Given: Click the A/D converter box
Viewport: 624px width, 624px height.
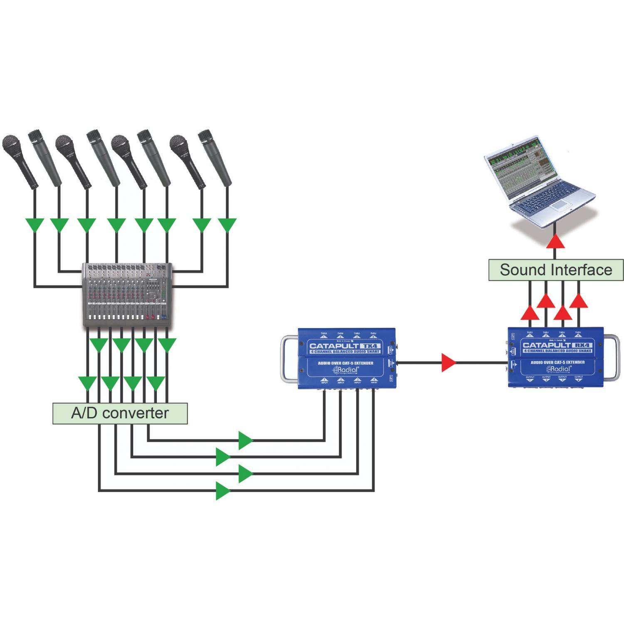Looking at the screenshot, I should click(120, 413).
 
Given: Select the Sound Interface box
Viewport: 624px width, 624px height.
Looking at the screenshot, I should click(556, 270).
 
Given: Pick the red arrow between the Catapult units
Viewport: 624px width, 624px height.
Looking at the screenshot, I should click(448, 363).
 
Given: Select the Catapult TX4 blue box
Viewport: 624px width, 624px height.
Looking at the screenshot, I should click(347, 358).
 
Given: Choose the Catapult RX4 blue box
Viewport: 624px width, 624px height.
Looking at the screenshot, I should click(556, 357).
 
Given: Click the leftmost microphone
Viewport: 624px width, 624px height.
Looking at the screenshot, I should click(19, 160).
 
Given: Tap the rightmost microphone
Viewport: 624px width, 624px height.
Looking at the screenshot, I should click(215, 158).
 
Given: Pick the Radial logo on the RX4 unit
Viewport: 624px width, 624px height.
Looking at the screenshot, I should click(558, 369).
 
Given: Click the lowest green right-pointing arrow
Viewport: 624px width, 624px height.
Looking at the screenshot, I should click(223, 491).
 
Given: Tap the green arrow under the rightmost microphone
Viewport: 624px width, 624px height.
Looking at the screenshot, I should click(227, 225).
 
